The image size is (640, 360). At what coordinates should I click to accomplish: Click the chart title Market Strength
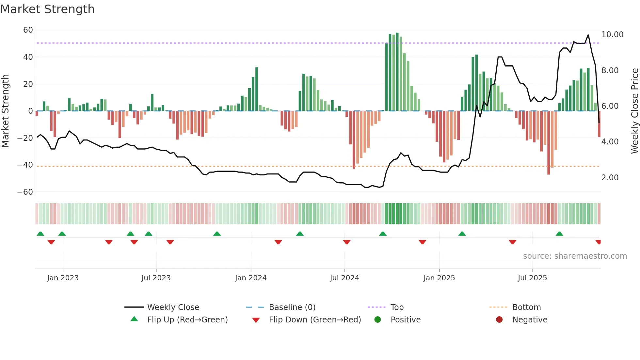pos(47,9)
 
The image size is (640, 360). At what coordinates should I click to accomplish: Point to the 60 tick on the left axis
pos(28,30)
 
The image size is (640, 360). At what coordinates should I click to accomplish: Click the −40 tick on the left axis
pos(25,165)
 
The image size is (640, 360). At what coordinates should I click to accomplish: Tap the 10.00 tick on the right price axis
pos(612,35)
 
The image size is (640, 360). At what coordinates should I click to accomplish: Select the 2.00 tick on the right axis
pos(610,178)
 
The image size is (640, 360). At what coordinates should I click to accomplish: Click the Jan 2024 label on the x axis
pos(250,278)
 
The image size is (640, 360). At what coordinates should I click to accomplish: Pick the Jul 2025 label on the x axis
pos(532,278)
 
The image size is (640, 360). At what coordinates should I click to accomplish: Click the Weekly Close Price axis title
pos(634,111)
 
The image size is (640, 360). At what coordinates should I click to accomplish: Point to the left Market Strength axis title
pos(6,111)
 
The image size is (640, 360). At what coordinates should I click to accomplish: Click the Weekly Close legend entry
pos(173,307)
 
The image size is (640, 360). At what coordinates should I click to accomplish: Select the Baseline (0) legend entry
pos(292,307)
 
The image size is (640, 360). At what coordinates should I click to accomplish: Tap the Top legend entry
pos(397,307)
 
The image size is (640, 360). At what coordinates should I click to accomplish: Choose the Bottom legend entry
pos(526,307)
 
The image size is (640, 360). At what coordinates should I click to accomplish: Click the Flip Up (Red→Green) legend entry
pos(187,320)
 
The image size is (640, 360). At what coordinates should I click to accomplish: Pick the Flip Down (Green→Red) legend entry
pos(314,320)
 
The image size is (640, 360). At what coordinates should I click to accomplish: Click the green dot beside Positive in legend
pos(377,320)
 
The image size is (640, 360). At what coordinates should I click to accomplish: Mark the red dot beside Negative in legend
pos(499,320)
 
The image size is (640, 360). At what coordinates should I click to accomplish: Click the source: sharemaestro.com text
pos(575,256)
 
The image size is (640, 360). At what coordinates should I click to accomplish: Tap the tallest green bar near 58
pos(397,72)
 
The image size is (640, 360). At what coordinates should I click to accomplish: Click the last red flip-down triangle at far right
pos(598,242)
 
